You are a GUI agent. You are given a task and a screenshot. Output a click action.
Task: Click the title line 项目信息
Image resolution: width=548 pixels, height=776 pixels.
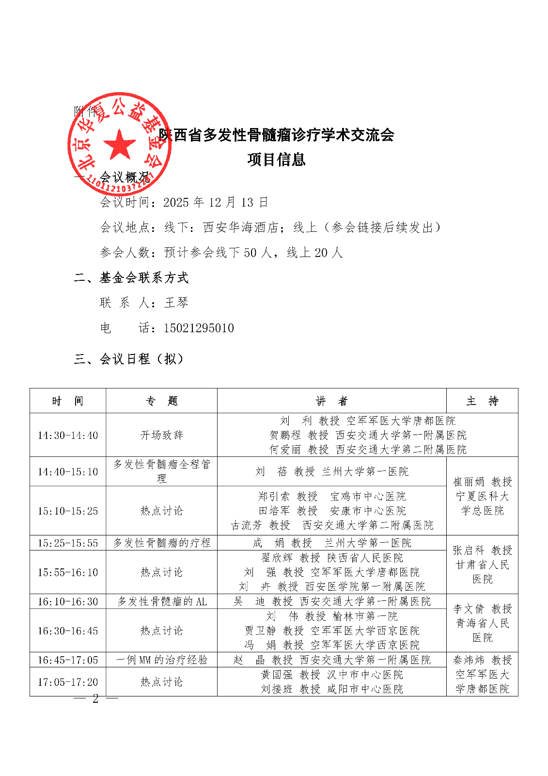click(x=276, y=160)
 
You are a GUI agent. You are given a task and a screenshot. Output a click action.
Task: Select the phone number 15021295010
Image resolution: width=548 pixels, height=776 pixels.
click(x=199, y=328)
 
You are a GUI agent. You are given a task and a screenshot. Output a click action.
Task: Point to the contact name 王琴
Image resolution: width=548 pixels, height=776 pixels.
click(x=176, y=303)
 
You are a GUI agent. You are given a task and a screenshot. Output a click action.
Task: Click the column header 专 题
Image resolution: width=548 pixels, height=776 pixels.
click(x=161, y=401)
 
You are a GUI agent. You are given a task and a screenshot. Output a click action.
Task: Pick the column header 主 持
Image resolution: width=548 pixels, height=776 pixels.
click(x=482, y=401)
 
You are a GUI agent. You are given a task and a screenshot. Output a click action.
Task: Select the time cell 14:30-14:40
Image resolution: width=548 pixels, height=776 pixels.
click(x=68, y=436)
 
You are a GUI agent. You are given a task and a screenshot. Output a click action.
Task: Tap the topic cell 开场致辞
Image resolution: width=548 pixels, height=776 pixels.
click(x=161, y=436)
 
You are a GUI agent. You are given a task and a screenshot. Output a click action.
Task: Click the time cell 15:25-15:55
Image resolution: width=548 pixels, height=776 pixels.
click(x=68, y=543)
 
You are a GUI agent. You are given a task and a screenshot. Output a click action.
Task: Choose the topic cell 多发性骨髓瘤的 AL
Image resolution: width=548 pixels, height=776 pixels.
click(x=161, y=602)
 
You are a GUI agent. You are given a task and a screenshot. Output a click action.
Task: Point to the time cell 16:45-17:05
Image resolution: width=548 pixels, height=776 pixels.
click(x=68, y=660)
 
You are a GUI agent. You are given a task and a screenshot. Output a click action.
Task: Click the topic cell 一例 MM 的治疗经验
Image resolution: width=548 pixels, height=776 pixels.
click(x=161, y=660)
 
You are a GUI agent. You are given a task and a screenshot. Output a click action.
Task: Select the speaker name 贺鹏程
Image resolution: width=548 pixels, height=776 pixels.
click(x=285, y=436)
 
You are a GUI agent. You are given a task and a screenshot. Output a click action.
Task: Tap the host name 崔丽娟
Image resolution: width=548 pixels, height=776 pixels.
click(x=468, y=482)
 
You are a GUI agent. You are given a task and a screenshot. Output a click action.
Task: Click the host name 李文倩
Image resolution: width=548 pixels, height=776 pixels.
click(x=468, y=609)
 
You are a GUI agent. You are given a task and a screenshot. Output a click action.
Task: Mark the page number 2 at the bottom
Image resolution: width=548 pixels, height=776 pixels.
click(x=95, y=698)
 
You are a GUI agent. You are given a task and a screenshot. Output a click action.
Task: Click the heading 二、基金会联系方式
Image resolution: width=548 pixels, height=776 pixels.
click(x=131, y=278)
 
